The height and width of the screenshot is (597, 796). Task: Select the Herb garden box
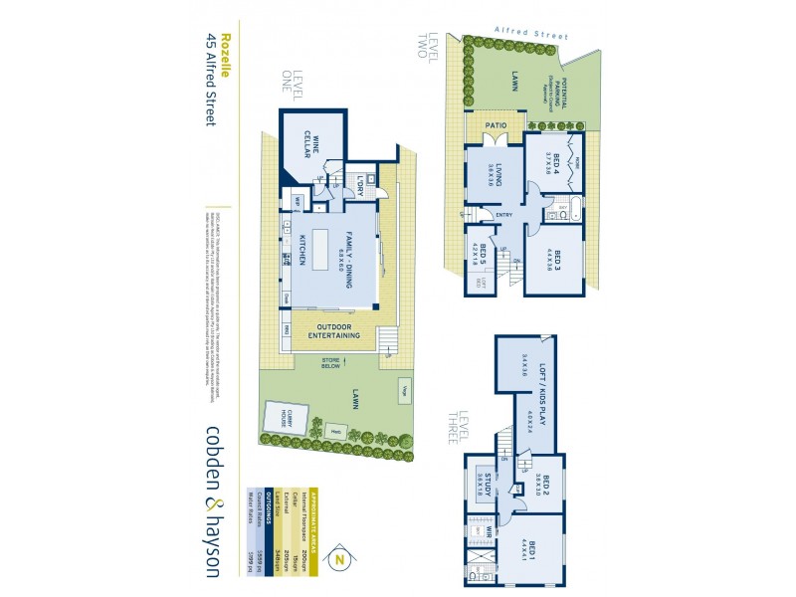pos(337,430)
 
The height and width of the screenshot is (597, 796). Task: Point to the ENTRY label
pos(504,215)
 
